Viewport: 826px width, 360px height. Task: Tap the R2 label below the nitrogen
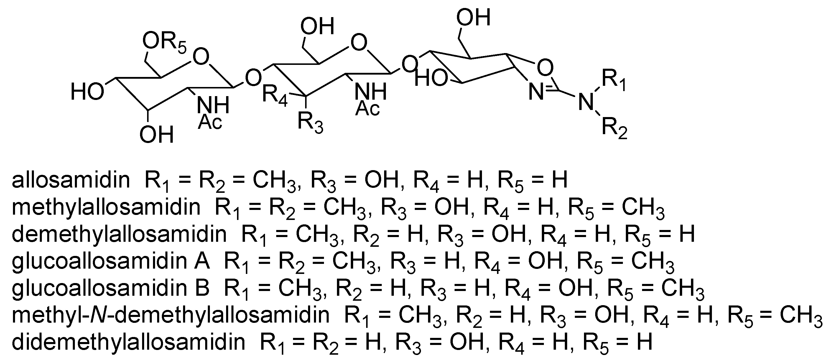tap(614, 129)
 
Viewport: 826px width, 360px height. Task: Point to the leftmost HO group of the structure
tap(87, 92)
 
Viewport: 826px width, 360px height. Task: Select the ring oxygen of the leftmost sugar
tap(201, 57)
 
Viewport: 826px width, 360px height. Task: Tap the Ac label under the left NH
tap(210, 122)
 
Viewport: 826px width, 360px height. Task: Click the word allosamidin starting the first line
tap(71, 180)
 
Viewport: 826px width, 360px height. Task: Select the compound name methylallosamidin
tap(106, 207)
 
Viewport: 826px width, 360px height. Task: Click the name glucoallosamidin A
tap(111, 261)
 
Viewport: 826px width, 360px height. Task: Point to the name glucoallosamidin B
tap(111, 288)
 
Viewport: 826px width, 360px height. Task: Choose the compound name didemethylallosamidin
tap(128, 342)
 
